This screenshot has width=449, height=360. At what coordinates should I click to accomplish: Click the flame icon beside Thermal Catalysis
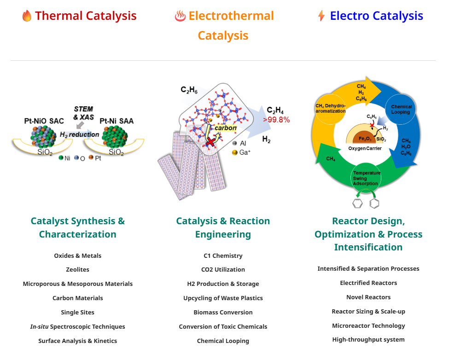[x=27, y=16]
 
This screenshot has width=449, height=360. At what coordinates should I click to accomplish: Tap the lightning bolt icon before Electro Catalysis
[x=321, y=16]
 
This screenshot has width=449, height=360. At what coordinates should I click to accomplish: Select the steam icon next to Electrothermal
[x=181, y=16]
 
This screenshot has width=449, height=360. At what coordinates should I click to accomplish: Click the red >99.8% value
[x=277, y=120]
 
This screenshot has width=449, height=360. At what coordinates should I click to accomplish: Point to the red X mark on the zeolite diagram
[x=211, y=141]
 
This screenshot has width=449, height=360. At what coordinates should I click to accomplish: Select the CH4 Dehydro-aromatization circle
[x=330, y=109]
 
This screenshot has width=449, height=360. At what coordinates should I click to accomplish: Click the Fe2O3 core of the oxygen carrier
[x=365, y=138]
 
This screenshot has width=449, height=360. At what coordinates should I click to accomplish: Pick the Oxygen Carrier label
[x=365, y=148]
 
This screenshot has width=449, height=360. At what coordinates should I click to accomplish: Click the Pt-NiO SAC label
[x=44, y=121]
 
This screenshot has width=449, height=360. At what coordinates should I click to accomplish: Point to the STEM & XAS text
[x=84, y=113]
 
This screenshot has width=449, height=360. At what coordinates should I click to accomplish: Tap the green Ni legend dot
[x=61, y=158]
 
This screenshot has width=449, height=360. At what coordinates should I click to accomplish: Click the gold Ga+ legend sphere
[x=234, y=152]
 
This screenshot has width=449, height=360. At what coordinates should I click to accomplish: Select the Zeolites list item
[x=78, y=270]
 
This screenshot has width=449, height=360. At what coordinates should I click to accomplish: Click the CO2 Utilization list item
[x=223, y=270]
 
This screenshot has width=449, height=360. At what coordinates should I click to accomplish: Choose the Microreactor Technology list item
[x=368, y=325]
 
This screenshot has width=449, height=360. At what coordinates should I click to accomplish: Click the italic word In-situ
[x=39, y=326]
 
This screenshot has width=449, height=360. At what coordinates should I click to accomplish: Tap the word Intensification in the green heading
[x=368, y=247]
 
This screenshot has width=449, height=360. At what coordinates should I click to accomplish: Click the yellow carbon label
[x=226, y=128]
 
